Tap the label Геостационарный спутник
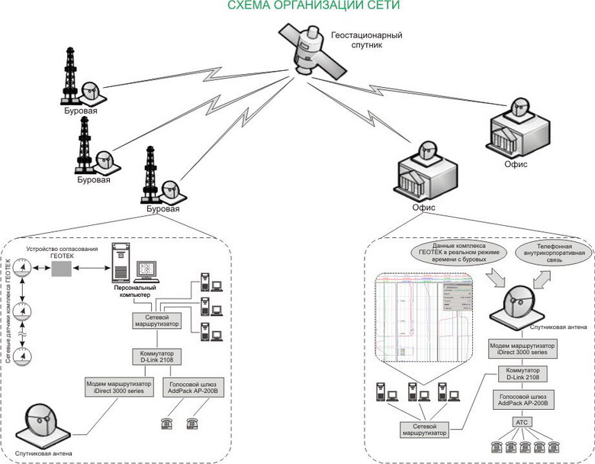click(366, 40)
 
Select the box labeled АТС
click(521, 421)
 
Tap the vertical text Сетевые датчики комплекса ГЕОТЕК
click(9, 313)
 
